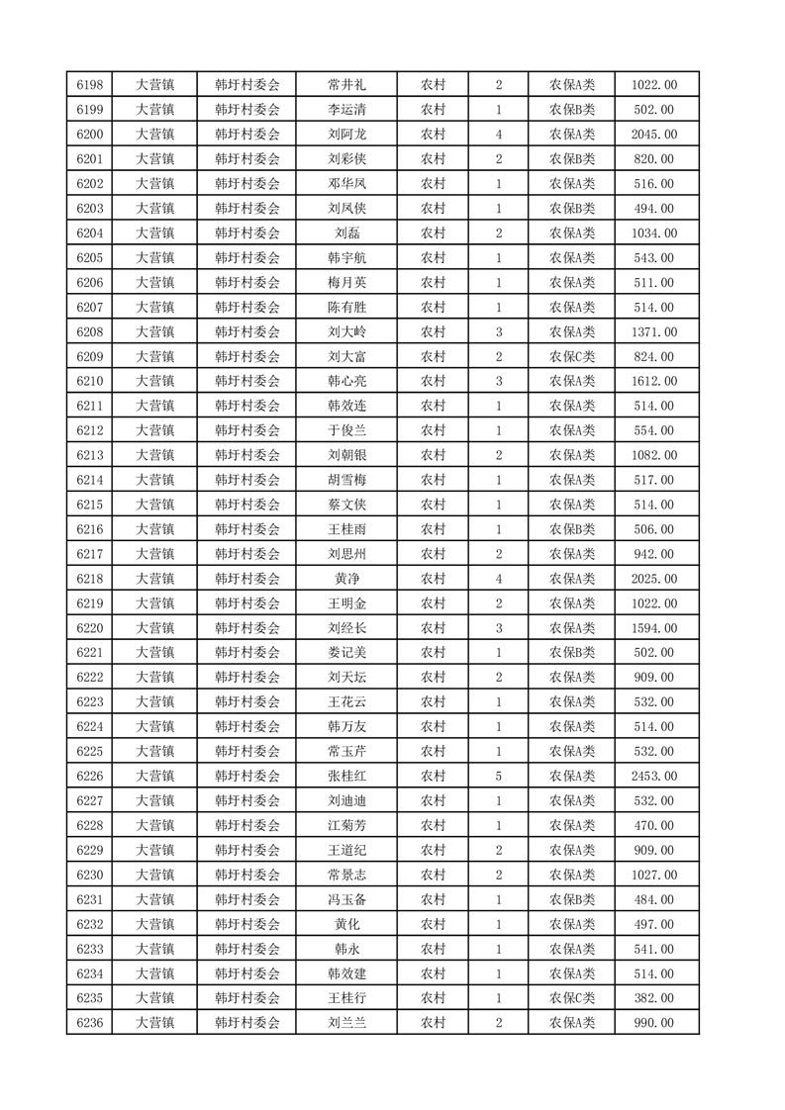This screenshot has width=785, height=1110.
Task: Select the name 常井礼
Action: (346, 85)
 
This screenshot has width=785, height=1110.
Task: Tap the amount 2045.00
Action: (654, 135)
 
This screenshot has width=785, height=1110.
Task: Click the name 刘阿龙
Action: (346, 135)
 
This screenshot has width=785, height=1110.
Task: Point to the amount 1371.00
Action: (654, 332)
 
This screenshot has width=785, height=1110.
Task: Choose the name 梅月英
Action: (346, 283)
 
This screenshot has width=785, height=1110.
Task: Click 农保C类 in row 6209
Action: (572, 357)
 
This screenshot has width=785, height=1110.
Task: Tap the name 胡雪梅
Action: (346, 480)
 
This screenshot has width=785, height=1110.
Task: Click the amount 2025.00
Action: (654, 579)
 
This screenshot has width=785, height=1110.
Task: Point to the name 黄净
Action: (346, 579)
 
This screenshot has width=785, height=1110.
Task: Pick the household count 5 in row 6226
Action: (498, 776)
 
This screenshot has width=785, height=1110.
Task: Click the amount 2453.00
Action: (654, 776)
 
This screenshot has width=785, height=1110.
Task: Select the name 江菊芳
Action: (346, 825)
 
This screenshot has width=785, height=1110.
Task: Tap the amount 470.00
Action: (654, 825)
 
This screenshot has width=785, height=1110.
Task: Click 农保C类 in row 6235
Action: (572, 998)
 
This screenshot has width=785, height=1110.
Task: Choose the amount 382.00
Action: (654, 998)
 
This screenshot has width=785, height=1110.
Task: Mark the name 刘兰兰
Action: (346, 1023)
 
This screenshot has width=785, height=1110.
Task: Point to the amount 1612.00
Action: (654, 381)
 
